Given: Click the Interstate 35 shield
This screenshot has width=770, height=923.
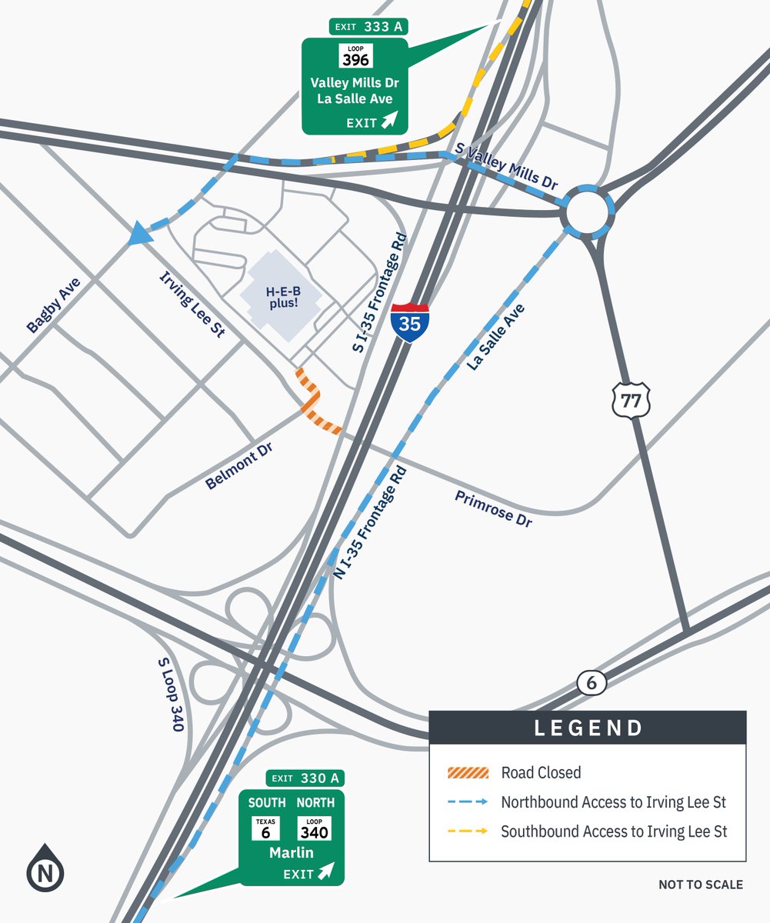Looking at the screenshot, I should point(409,322).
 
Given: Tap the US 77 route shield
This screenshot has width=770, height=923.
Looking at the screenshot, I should point(632,401).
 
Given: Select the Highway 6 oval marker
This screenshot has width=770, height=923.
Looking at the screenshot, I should point(592,682).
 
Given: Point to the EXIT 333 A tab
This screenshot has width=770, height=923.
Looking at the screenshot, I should point(368,27).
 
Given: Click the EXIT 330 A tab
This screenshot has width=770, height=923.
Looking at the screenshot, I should point(305,778).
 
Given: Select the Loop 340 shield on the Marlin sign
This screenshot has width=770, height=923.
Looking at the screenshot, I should point(314,828).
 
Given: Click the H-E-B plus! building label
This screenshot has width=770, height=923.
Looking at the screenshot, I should point(282,298).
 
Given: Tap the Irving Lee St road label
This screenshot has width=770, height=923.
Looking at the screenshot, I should point(192,305).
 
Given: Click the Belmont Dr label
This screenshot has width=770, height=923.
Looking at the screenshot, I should point(239,466).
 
